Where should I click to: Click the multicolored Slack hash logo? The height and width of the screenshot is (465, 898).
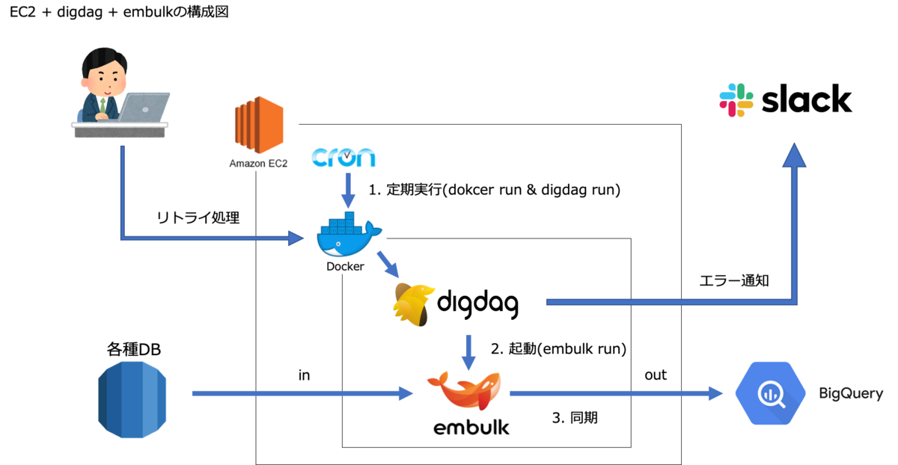pyautogui.click(x=736, y=100)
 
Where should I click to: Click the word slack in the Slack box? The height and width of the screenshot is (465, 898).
pyautogui.click(x=807, y=99)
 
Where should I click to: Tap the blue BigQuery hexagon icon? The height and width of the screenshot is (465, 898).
pyautogui.click(x=770, y=393)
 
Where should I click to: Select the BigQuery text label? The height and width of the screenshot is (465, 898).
pyautogui.click(x=851, y=393)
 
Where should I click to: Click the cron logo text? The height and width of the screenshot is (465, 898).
pyautogui.click(x=343, y=158)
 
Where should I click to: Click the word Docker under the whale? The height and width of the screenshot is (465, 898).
pyautogui.click(x=345, y=266)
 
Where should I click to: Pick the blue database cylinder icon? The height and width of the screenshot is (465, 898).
pyautogui.click(x=132, y=399)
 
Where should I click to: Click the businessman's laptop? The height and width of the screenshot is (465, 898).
pyautogui.click(x=145, y=106)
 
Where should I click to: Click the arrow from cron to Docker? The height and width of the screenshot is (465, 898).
pyautogui.click(x=347, y=189)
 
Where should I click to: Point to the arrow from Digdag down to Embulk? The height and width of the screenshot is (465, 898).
pyautogui.click(x=468, y=351)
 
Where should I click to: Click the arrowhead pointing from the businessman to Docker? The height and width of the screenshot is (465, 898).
pyautogui.click(x=296, y=239)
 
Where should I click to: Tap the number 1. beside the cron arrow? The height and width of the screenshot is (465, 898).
pyautogui.click(x=374, y=191)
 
